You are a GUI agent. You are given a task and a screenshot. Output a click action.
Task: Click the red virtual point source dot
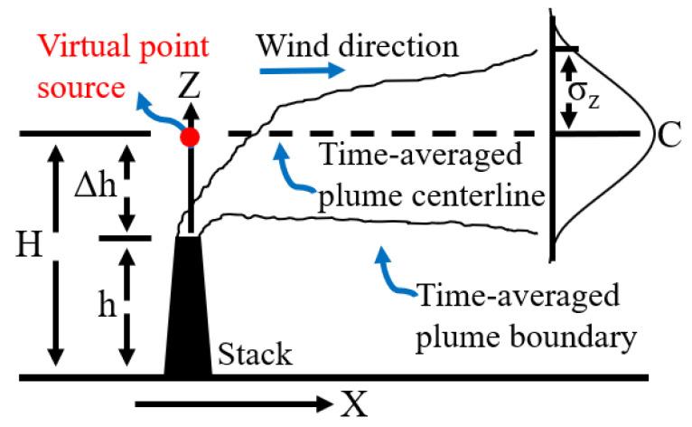pyautogui.click(x=190, y=137)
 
